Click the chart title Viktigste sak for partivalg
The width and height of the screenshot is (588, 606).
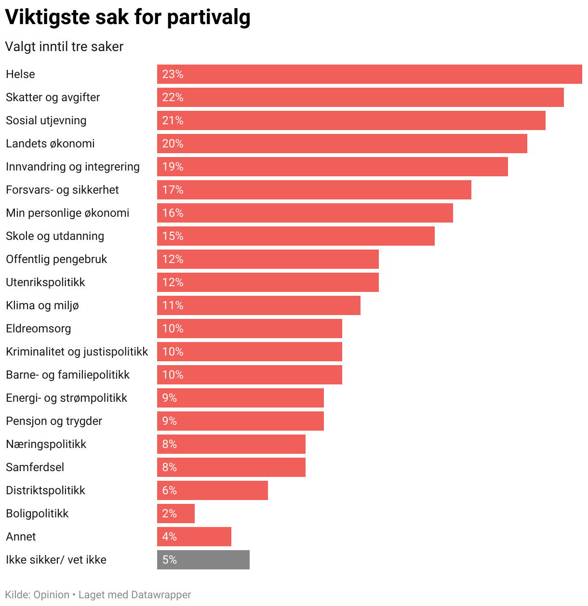click(128, 17)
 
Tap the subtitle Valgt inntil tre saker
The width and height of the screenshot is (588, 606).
click(64, 47)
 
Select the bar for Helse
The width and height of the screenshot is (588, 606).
click(369, 74)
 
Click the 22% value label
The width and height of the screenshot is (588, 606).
click(173, 97)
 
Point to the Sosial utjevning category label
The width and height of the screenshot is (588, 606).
click(46, 120)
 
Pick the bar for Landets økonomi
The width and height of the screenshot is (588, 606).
click(342, 144)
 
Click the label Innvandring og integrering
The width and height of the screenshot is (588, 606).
click(73, 167)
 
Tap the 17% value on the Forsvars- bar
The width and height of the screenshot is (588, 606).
click(173, 190)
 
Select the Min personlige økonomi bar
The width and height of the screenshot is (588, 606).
click(305, 213)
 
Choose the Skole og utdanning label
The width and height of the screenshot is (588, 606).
click(55, 236)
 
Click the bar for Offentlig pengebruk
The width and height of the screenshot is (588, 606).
click(267, 259)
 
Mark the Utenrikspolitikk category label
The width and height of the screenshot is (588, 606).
click(45, 282)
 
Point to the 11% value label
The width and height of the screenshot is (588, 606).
click(173, 305)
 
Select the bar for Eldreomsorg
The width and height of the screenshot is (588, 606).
click(249, 329)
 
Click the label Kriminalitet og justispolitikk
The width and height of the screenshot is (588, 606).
click(77, 352)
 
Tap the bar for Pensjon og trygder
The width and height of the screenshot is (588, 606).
click(240, 421)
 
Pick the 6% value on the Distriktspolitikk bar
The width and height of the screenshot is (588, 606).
click(170, 490)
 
